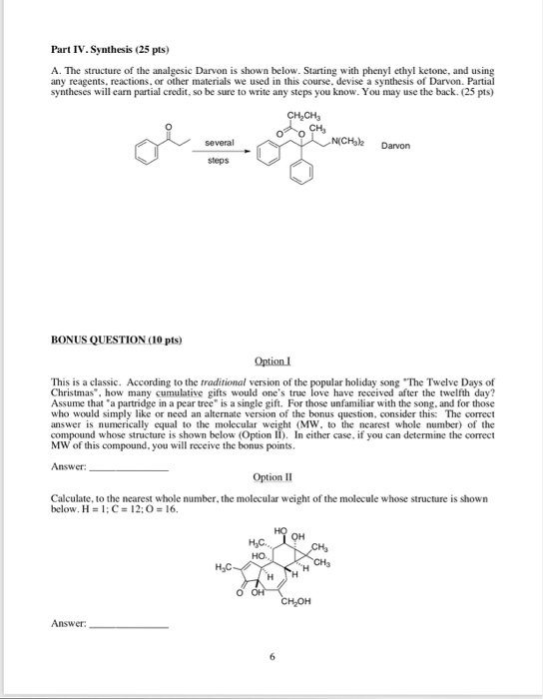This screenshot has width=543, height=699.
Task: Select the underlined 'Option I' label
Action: (271, 360)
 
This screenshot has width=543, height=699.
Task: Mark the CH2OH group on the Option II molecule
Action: (296, 601)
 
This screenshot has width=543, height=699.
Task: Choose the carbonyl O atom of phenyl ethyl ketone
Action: (171, 127)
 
